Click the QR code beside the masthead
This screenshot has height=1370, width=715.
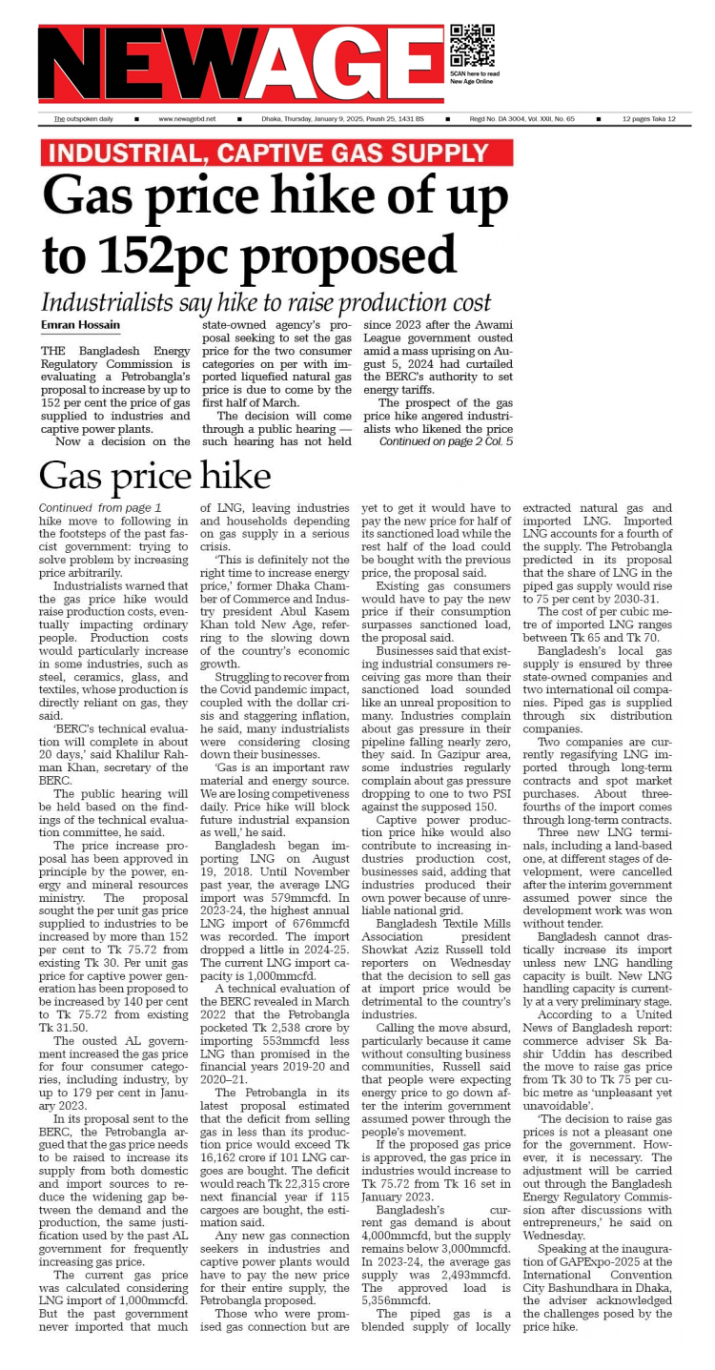472,46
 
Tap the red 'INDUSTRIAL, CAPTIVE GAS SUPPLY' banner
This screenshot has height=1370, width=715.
276,153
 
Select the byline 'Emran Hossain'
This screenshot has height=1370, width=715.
80,326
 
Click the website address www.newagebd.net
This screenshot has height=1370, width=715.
187,119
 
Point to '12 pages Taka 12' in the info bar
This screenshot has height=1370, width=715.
649,119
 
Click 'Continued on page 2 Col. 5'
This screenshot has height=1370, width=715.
445,442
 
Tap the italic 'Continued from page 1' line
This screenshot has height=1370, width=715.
100,507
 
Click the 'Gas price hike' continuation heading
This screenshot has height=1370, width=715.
154,476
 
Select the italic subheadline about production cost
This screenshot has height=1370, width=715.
266,302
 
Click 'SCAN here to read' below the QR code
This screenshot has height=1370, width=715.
474,74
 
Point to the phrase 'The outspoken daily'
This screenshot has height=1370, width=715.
83,119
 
